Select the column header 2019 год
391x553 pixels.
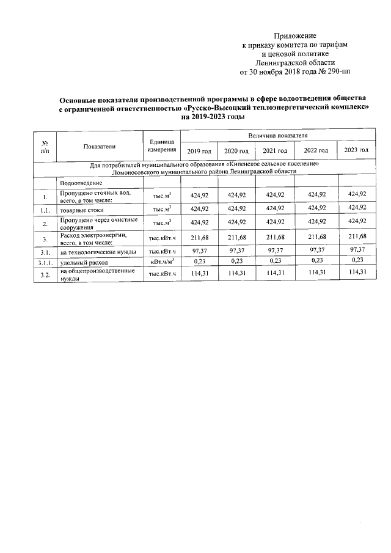coord(199,150)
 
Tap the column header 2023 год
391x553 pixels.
coord(356,150)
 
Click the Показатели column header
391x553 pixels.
coord(100,145)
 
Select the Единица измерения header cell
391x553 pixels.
coord(162,145)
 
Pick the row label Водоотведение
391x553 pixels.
coord(81,183)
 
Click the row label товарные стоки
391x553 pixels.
coord(82,209)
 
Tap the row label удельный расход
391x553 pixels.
coord(80,262)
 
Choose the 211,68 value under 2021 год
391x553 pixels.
coord(274,236)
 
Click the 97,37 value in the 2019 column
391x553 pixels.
coord(200,251)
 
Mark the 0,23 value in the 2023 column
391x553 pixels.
coord(357,261)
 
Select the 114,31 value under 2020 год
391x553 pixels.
coord(236,274)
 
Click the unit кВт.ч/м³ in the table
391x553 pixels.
coord(162,262)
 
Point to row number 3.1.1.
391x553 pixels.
coord(45,262)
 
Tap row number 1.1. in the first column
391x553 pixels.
coord(45,209)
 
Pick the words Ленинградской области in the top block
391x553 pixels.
coord(295,62)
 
